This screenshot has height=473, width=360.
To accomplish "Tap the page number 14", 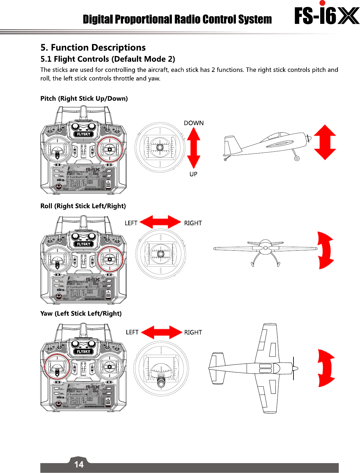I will (x=79, y=464).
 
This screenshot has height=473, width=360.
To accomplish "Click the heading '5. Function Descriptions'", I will (x=93, y=48).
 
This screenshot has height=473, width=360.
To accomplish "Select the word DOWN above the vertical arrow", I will (x=194, y=123).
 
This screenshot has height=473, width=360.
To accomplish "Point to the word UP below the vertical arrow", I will (x=193, y=174).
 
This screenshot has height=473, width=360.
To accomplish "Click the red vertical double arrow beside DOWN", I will (x=194, y=148).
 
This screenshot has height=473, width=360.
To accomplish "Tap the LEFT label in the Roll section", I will (x=131, y=223).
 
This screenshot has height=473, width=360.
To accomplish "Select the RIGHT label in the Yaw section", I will (x=193, y=332).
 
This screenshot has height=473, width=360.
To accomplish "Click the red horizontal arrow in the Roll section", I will (x=160, y=222).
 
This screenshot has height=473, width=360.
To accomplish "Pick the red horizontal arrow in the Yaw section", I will (x=161, y=332).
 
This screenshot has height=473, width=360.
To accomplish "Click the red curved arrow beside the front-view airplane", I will (x=325, y=250).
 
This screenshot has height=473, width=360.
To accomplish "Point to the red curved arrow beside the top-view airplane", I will (x=326, y=368).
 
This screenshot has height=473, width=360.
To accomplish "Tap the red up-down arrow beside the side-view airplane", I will (x=325, y=142).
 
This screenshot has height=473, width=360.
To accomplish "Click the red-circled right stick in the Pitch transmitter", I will (x=109, y=149).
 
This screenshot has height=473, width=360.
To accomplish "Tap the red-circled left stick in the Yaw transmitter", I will (x=57, y=367).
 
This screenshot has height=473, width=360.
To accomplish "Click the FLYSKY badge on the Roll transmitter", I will (x=83, y=244).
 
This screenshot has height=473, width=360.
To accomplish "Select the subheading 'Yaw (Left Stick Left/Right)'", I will (x=81, y=314).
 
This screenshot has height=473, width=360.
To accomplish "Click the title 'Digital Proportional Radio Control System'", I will (x=177, y=19).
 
